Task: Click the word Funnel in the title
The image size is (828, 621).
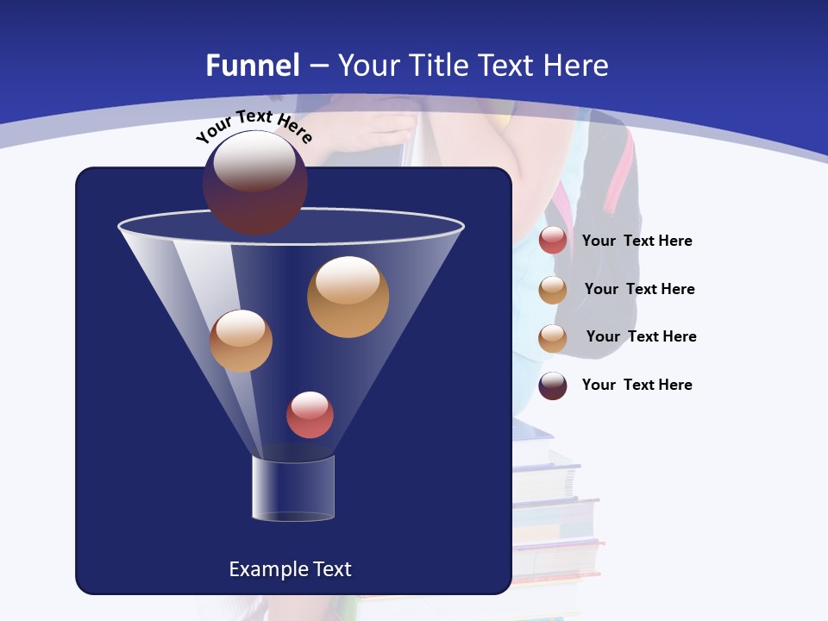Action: point(253,66)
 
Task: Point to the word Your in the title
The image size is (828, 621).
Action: point(368,66)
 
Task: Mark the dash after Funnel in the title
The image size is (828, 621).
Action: point(318,66)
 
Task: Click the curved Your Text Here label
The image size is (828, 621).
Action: point(254,126)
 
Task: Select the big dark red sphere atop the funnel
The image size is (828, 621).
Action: point(255,182)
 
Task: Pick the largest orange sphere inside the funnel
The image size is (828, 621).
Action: point(348,297)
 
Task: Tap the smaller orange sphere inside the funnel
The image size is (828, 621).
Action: point(241,341)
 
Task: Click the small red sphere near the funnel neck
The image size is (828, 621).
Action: point(310,415)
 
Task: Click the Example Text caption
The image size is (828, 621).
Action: point(291,569)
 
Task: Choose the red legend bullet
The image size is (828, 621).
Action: point(553,240)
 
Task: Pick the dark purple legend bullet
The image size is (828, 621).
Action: point(553,386)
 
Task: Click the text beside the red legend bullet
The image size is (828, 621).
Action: point(637,241)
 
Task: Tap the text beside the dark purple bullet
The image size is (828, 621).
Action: point(637,385)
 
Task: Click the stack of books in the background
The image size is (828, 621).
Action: point(556,517)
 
